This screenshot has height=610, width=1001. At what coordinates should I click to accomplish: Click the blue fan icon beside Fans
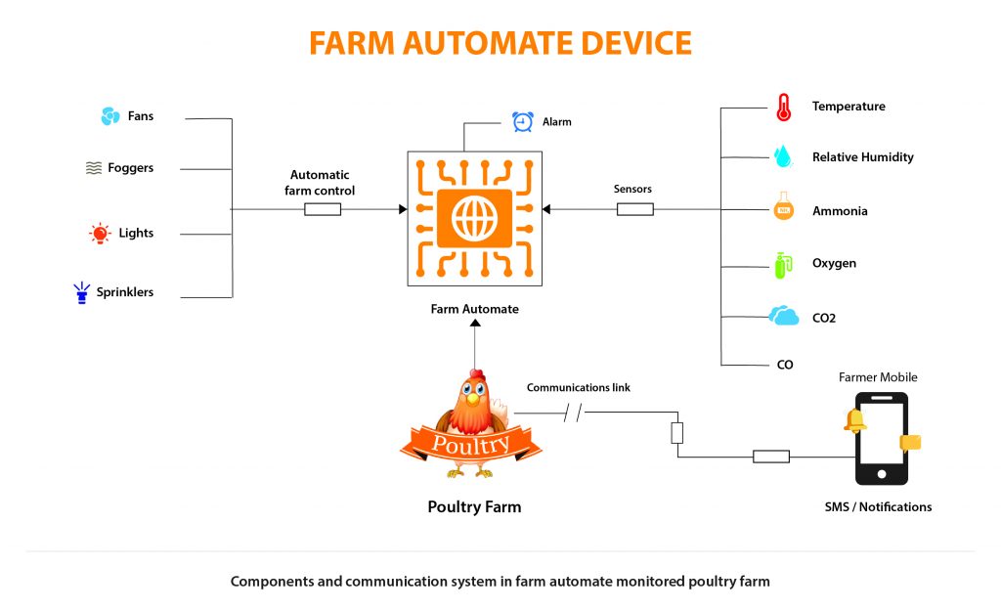click(110, 116)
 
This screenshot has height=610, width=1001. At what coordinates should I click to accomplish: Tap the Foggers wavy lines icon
click(94, 168)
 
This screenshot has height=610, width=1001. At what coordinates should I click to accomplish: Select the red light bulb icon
click(100, 234)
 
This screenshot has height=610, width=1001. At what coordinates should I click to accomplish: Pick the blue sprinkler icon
click(81, 292)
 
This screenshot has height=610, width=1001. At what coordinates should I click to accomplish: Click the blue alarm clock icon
click(523, 122)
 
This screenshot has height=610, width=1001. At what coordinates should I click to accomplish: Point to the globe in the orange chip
click(474, 217)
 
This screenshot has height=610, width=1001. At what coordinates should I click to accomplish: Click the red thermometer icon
click(783, 107)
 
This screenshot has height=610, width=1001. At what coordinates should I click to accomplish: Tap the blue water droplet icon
click(782, 156)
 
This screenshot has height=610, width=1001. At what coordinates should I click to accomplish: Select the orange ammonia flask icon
click(782, 209)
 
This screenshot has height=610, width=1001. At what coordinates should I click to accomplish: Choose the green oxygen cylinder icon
click(781, 264)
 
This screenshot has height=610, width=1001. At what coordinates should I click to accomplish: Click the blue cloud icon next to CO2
click(783, 317)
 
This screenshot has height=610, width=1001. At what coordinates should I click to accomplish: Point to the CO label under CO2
click(785, 365)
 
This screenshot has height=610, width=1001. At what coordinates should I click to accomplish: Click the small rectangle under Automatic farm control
click(323, 209)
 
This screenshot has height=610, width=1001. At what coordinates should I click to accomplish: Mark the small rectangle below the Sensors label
click(634, 209)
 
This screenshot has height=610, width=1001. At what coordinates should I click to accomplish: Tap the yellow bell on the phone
click(856, 419)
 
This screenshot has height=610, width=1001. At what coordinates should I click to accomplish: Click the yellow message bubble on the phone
click(910, 443)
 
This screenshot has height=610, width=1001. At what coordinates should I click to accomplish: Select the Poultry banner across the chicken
click(471, 445)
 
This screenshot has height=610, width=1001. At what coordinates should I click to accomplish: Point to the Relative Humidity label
click(862, 157)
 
